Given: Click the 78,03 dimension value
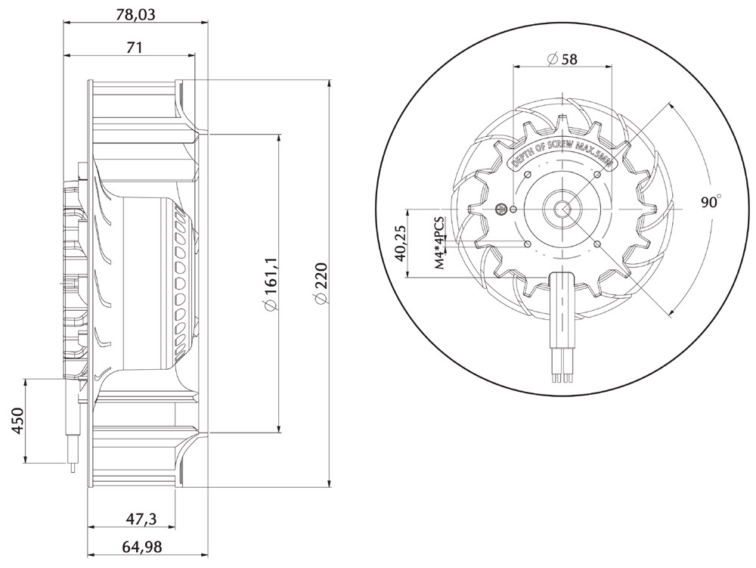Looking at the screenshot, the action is tap(135, 14).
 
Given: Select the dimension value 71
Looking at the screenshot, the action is tap(135, 48).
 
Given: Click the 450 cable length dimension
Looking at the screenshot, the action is tap(17, 421).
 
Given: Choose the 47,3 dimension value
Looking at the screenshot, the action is tap(141, 518).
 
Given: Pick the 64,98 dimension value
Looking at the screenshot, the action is tap(142, 547).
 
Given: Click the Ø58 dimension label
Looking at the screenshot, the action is tap(562, 59).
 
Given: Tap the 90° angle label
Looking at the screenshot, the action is tap(711, 201).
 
